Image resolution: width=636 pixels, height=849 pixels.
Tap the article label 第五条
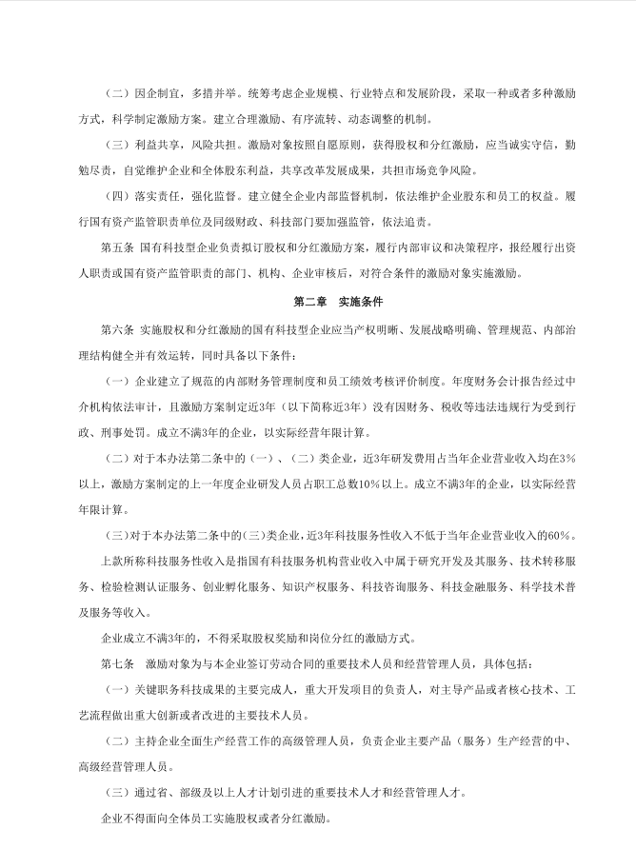tap(116, 247)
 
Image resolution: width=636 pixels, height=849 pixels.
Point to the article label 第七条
tap(116, 661)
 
